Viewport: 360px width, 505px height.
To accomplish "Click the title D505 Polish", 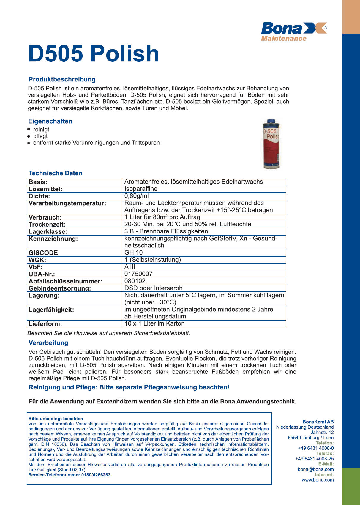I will click(x=94, y=54).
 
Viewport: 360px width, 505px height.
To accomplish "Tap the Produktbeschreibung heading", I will click(x=62, y=79).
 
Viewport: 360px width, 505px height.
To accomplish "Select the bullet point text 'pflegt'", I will click(x=40, y=136).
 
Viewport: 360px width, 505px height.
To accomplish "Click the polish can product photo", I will click(x=271, y=144).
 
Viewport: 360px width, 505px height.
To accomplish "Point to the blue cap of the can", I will click(x=271, y=122).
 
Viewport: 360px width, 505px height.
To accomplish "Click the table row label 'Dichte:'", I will click(x=39, y=196).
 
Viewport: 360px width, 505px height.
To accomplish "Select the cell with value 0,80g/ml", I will click(x=137, y=196).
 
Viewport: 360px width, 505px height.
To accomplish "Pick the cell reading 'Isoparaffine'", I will click(x=141, y=189).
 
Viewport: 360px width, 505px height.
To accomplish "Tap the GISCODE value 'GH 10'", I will click(x=133, y=253).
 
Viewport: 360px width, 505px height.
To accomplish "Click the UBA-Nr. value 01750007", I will click(x=138, y=274).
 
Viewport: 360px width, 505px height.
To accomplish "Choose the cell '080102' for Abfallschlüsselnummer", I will click(x=135, y=281).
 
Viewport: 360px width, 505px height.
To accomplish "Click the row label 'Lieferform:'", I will click(x=45, y=324).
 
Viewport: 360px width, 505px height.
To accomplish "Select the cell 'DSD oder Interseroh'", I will click(x=153, y=288).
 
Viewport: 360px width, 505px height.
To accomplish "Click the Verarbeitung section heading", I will click(x=48, y=343).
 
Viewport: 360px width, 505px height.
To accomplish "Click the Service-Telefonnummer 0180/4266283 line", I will click(x=70, y=475).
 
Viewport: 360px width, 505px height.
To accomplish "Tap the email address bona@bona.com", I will click(x=315, y=469).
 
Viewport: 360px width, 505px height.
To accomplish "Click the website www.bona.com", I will click(x=318, y=480).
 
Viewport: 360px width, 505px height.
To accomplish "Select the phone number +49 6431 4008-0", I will click(x=316, y=448).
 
